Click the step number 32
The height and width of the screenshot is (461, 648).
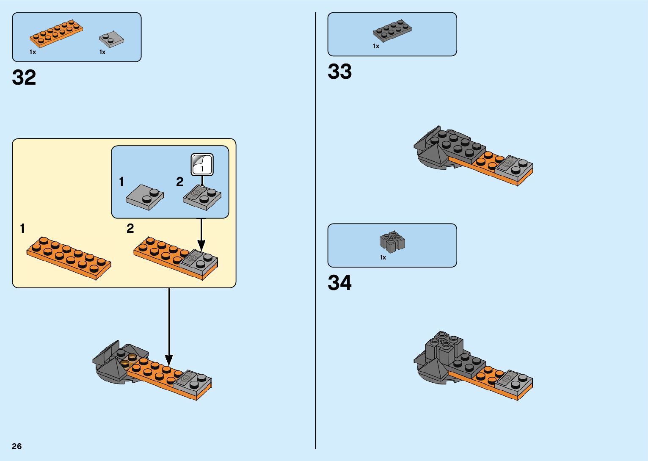(x=24, y=78)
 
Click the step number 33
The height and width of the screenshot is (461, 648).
(x=339, y=72)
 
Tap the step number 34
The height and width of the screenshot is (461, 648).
(x=339, y=283)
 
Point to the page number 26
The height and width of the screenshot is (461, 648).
(x=17, y=446)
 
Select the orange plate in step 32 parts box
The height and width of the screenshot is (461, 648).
(x=56, y=33)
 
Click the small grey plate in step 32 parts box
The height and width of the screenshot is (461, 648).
(x=111, y=39)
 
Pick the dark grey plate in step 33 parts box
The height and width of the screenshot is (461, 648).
(x=392, y=30)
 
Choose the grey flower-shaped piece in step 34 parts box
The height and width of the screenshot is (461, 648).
(x=392, y=241)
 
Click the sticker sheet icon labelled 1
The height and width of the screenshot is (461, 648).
(x=202, y=164)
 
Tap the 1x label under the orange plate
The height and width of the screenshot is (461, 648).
(x=33, y=52)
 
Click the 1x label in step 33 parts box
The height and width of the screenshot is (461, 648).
(x=376, y=46)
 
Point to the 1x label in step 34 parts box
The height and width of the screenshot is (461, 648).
(x=383, y=257)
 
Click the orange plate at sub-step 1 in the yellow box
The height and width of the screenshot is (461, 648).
(x=69, y=257)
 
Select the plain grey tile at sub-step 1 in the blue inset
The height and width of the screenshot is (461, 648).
(x=145, y=197)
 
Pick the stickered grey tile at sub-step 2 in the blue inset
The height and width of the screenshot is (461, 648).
(x=202, y=197)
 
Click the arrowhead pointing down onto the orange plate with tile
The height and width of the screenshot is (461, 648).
(x=201, y=245)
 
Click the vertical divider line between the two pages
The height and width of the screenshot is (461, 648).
(x=316, y=230)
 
